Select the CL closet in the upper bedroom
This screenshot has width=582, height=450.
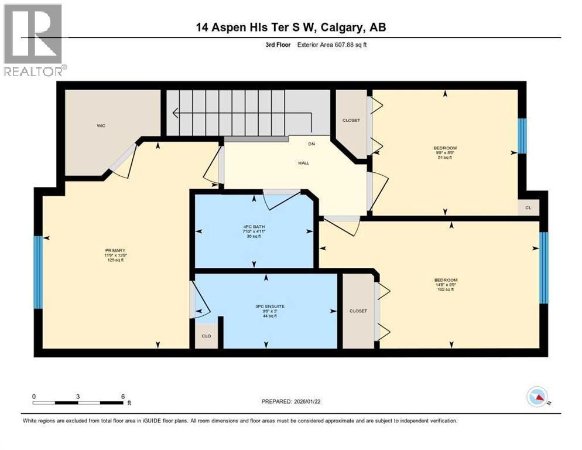[x=528, y=207]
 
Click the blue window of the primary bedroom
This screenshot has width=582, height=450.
[x=38, y=272]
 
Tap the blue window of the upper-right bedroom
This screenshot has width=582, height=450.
[x=522, y=136]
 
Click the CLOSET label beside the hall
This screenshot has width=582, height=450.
[x=351, y=120]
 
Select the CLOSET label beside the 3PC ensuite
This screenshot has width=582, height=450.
[x=358, y=311]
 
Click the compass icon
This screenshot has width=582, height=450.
[x=536, y=397]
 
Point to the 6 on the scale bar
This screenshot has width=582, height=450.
[x=122, y=397]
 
